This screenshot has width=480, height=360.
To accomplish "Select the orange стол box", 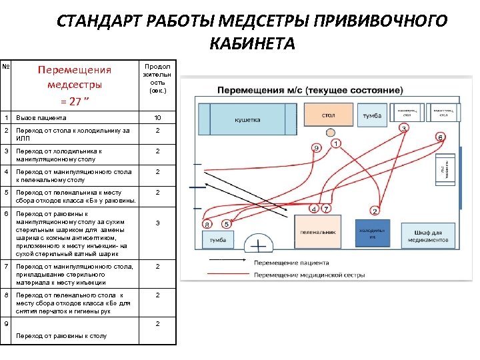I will pos(328,115).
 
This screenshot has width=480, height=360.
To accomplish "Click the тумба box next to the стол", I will pos(371,115).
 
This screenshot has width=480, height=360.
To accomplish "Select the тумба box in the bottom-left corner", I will pos(217,239).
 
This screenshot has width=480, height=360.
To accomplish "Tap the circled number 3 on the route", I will pos(403,127).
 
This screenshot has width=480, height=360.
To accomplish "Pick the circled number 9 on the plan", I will pos(316,147).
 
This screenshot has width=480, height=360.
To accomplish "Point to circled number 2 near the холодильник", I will pos(375,211).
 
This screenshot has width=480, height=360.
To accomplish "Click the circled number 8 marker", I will pos(208,225).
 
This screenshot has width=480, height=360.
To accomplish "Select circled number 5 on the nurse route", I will pos(226,224).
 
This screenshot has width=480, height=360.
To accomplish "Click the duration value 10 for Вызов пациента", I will pos(157,118).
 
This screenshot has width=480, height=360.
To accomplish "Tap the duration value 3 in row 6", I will pos(157,223).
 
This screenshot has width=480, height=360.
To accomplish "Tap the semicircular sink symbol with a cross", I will pos(259,246).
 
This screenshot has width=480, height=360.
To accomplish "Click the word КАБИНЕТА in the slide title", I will pos(251,44).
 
